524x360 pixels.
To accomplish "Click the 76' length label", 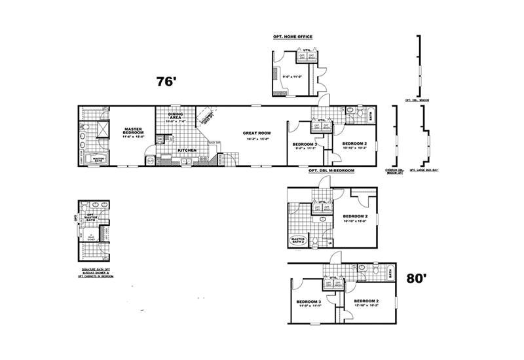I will point(167,82).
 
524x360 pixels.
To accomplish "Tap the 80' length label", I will point(417,278).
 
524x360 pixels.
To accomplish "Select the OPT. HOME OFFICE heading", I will point(292,37).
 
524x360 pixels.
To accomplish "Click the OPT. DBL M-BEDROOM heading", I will point(331,170).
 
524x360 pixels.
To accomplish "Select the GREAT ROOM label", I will point(256,134).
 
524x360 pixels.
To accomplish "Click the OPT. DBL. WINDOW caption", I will point(417,100).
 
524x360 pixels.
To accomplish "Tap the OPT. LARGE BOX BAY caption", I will point(423,170).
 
